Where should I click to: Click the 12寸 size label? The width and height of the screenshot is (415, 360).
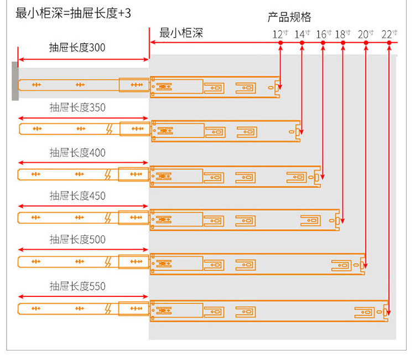[x=280, y=34]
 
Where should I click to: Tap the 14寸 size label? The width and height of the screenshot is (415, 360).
[x=302, y=34]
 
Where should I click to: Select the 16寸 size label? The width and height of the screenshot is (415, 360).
[x=324, y=34]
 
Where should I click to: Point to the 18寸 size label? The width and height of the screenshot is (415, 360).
[x=343, y=34]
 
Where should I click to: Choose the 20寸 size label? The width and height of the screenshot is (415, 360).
[x=366, y=34]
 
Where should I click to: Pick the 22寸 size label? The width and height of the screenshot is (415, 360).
[x=390, y=34]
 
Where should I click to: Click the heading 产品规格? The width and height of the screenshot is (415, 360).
[x=289, y=17]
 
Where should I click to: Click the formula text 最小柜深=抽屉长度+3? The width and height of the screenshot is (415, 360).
[x=73, y=13]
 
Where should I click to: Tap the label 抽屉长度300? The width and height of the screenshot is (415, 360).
[x=77, y=48]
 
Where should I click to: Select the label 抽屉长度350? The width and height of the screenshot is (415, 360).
[x=77, y=107]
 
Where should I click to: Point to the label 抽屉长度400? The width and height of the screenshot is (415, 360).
[x=77, y=153]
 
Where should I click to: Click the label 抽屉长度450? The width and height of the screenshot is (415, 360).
[x=77, y=196]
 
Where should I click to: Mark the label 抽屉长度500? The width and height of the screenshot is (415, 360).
[x=77, y=239]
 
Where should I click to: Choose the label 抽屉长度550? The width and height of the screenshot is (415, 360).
[x=77, y=286]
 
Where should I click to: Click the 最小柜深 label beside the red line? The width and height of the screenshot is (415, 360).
[x=181, y=33]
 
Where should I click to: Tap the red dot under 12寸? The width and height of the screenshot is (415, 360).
[x=281, y=43]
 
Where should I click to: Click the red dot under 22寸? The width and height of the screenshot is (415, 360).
[x=389, y=43]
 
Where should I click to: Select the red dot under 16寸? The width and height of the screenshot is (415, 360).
[x=323, y=43]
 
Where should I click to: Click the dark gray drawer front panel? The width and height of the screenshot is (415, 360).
[x=15, y=81]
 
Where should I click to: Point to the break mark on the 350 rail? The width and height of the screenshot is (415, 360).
[x=110, y=129]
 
